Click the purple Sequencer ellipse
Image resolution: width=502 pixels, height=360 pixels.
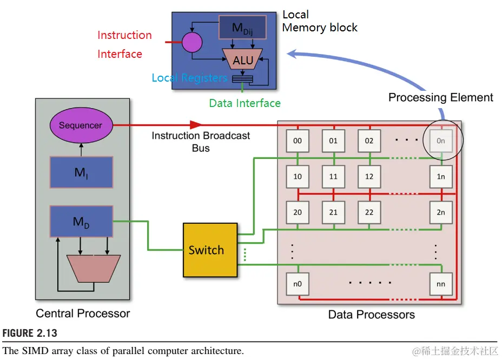(x=81, y=125)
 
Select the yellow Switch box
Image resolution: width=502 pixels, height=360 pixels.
(x=210, y=250)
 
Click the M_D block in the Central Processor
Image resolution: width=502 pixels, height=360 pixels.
(x=81, y=221)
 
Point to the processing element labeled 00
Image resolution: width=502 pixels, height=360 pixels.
(x=298, y=141)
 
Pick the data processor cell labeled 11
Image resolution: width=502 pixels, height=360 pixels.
(x=333, y=177)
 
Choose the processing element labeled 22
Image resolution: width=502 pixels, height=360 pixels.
(x=369, y=212)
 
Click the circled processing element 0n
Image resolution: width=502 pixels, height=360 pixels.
(x=441, y=141)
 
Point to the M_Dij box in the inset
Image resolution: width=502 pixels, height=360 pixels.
(x=242, y=27)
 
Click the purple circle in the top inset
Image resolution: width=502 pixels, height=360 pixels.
(x=191, y=42)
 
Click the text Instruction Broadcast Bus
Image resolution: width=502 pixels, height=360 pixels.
(x=201, y=142)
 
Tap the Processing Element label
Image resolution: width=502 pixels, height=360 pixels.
(x=441, y=98)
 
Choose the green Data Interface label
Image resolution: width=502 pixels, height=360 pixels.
(x=245, y=103)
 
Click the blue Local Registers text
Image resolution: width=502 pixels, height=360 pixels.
(x=189, y=78)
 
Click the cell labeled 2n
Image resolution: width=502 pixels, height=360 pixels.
(x=441, y=212)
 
